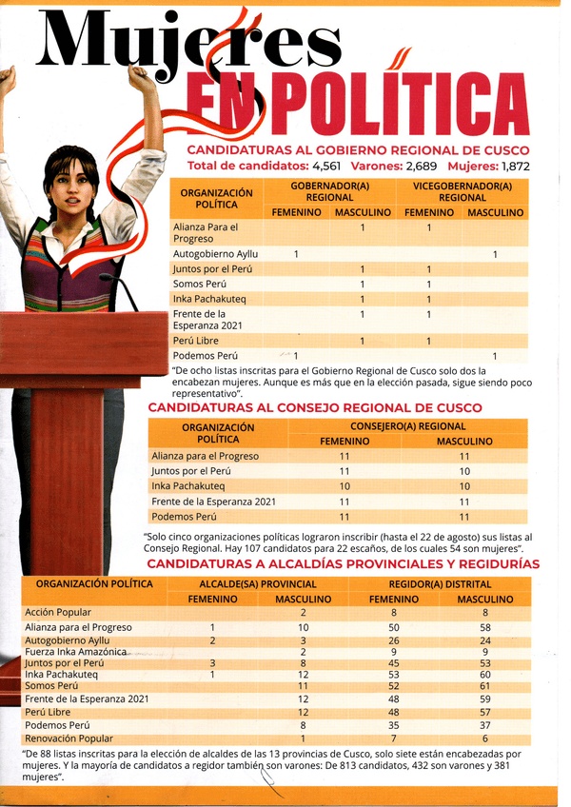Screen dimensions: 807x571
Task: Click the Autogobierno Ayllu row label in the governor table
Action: tap(216, 254)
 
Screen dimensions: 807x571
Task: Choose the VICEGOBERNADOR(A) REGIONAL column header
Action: tap(463, 190)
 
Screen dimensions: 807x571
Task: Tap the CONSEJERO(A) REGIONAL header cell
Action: tap(407, 426)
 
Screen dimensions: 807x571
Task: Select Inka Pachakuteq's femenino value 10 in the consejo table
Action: tap(345, 486)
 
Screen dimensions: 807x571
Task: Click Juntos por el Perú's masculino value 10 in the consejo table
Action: tap(464, 471)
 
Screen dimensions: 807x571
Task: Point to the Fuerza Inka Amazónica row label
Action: tap(76, 652)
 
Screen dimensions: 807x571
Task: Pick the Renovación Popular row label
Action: tap(69, 738)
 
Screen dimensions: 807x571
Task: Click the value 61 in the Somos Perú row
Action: tap(485, 685)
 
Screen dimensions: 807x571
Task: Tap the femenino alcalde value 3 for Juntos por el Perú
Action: tap(213, 663)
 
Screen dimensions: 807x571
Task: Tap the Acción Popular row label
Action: tap(58, 612)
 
